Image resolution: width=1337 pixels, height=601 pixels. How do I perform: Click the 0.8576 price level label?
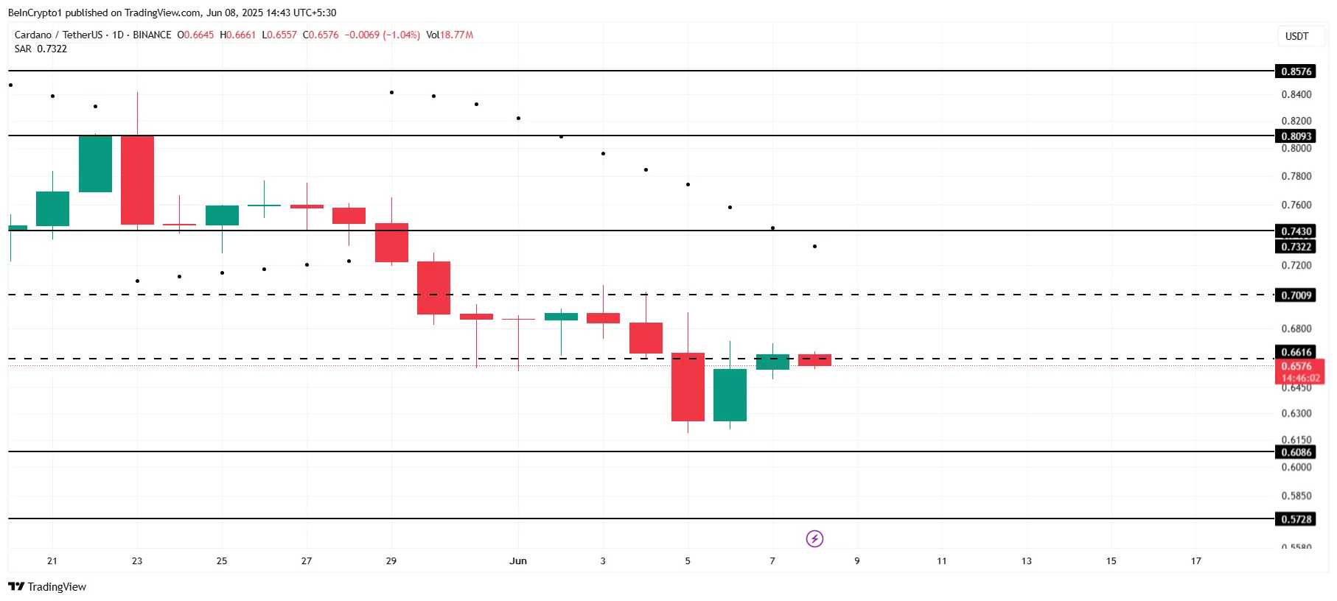1296,71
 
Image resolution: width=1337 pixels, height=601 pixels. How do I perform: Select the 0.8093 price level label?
1296,136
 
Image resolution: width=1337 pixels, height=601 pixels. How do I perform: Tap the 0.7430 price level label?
1296,231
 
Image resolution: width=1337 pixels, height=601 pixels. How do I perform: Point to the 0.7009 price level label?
1296,295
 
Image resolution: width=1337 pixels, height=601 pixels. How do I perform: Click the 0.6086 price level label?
1296,452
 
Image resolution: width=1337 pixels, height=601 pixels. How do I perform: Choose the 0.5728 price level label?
1296,519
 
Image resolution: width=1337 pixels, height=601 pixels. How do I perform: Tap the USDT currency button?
1296,36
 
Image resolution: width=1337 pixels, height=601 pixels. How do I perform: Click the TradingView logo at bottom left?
47,587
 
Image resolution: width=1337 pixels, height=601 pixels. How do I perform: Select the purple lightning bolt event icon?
814,539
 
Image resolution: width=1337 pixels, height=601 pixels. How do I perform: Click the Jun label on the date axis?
518,561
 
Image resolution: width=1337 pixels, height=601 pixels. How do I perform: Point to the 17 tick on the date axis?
1195,561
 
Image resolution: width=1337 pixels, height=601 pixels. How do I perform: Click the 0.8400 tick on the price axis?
1296,94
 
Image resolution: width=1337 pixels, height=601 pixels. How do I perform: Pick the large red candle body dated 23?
137,180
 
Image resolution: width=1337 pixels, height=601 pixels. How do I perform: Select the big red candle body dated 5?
688,387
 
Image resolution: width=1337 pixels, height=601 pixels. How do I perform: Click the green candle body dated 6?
730,395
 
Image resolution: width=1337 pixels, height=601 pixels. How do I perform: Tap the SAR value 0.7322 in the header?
52,49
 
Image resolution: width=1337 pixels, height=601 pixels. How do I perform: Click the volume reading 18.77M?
456,35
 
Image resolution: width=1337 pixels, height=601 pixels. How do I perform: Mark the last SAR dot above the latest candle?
814,246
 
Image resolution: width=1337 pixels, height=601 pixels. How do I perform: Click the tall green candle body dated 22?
95,164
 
